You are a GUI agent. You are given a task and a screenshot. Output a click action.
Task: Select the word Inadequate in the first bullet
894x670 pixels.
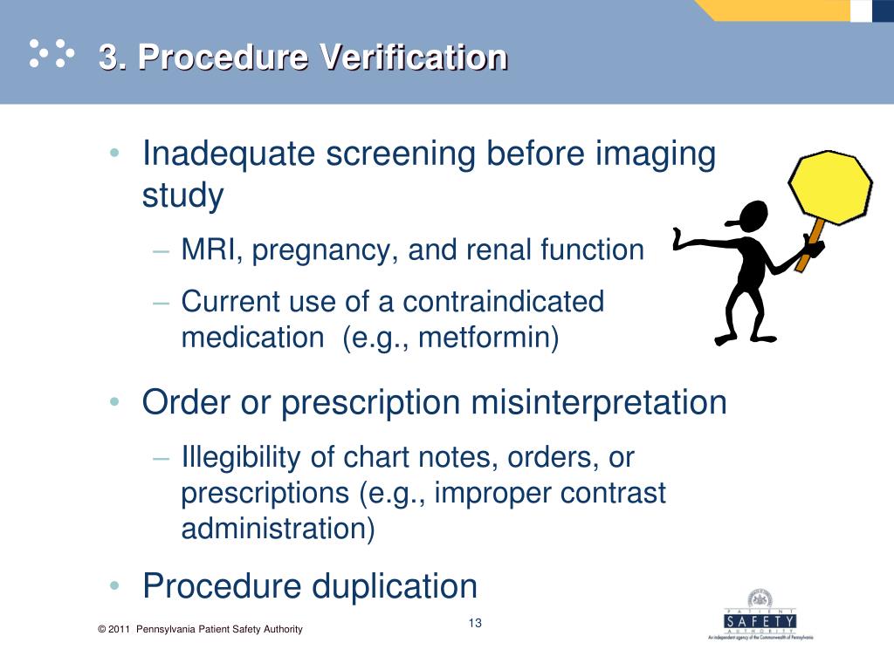click(228, 154)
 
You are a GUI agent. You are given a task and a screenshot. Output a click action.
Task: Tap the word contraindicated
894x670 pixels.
click(504, 302)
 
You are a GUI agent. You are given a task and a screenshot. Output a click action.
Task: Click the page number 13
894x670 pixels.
click(475, 623)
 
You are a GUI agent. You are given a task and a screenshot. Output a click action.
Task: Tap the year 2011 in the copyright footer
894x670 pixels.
click(119, 630)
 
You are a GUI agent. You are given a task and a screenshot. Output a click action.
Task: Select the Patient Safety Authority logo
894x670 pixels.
click(759, 619)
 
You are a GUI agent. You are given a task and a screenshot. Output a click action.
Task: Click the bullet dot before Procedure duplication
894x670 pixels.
click(115, 586)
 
